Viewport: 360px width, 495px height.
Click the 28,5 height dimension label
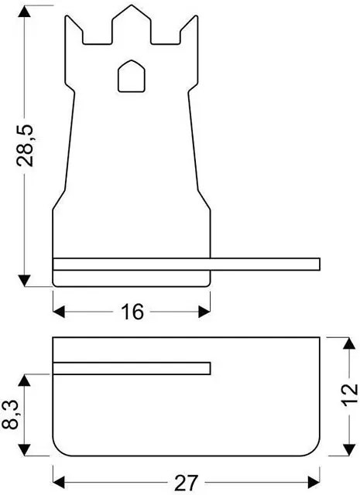tap(25, 145)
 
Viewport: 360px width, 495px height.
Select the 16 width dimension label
tap(132, 312)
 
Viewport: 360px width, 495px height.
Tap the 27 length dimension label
tap(186, 483)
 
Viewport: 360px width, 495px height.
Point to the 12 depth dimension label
tap(349, 395)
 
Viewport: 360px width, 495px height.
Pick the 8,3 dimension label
tap(10, 415)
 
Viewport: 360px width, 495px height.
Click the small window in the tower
tap(132, 76)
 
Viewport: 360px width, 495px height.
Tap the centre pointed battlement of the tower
tap(132, 24)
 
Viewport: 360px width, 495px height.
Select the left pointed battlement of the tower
tap(74, 29)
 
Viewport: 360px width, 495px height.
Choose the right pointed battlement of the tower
tap(189, 29)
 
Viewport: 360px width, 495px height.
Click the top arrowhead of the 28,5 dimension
tap(24, 12)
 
